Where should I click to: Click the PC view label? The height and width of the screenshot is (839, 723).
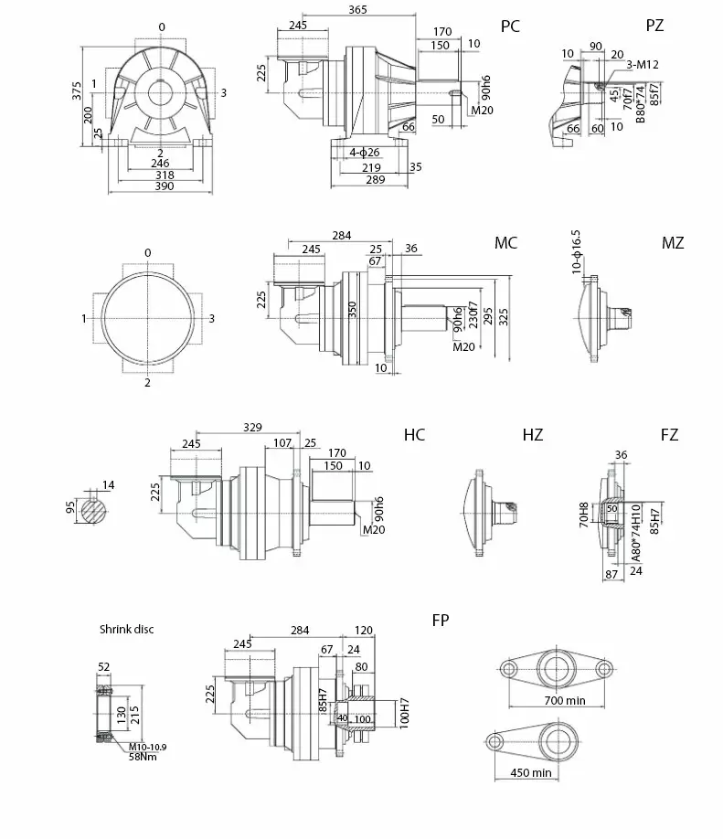click(510, 27)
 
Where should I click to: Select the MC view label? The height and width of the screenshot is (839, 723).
click(505, 243)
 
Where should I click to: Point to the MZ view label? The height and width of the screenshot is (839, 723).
click(673, 243)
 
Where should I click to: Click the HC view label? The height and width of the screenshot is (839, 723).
click(414, 435)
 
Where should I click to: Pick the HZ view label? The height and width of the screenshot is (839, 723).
click(532, 435)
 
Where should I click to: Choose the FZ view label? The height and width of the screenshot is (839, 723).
click(669, 435)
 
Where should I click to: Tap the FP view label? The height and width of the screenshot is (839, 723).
click(441, 621)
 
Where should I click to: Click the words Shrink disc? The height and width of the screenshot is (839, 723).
click(128, 629)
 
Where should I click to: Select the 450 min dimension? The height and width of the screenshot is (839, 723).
click(530, 773)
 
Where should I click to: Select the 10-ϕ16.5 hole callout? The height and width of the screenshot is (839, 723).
click(576, 251)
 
